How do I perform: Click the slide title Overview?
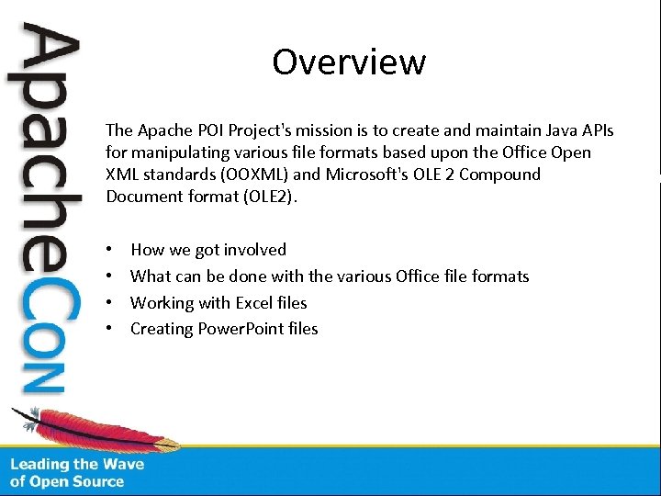349,62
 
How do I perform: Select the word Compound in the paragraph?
500,175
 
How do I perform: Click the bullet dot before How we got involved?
109,250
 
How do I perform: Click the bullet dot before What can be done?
109,276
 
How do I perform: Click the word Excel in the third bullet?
260,303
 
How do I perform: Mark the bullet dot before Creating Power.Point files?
109,329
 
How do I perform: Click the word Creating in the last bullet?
162,329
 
